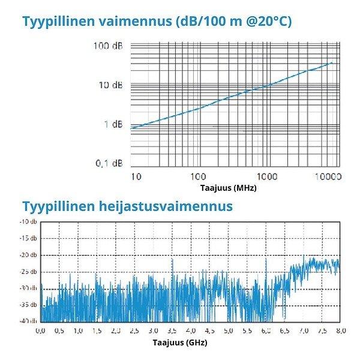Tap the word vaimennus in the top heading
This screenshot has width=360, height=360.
pos(144,23)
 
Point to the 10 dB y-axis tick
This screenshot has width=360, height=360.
pos(113,85)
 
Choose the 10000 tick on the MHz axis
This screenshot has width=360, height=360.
pos(328,177)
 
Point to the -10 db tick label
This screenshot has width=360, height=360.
pos(28,222)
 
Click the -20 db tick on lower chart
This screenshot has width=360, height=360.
pos(28,255)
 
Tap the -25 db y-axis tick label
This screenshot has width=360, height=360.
pos(28,272)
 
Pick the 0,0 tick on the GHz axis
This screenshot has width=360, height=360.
pos(41,331)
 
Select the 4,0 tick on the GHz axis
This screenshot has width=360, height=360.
pos(190,331)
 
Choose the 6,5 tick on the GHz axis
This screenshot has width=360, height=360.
pos(284,331)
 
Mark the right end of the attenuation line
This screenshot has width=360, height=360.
pos(332,62)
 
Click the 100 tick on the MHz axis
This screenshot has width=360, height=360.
pos(198,177)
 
